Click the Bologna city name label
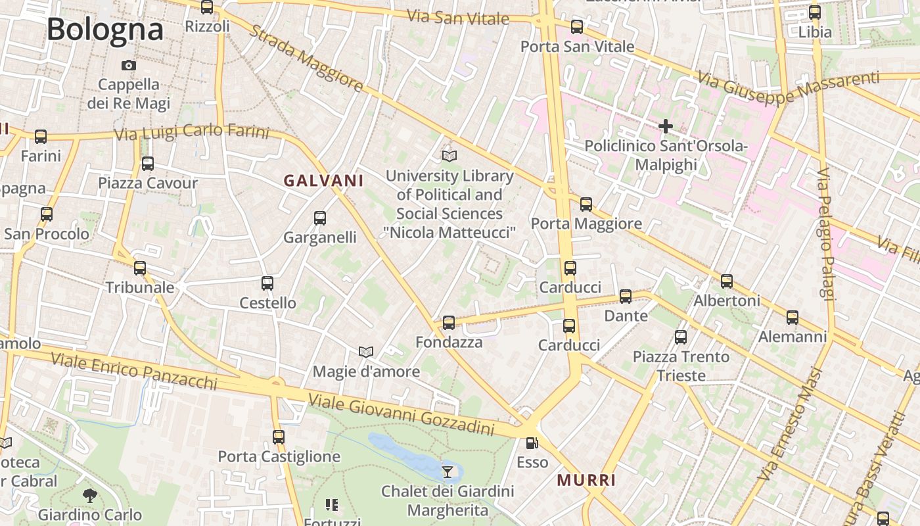pos(105,30)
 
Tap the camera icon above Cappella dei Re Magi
pos(129,65)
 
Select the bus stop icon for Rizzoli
pos(207,7)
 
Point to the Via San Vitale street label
pos(458,17)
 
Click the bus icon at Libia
pos(815,12)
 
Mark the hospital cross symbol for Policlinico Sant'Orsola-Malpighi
pos(666,126)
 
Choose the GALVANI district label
pos(323,180)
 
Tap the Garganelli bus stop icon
pos(320,218)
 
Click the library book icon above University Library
pos(449,156)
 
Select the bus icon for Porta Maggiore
pos(586,204)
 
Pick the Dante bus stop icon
pos(626,297)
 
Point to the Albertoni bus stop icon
pos(727,281)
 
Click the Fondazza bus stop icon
pos(449,323)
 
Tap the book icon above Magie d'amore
pos(366,352)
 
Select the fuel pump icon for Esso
pos(532,443)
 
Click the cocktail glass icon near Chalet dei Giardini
pos(448,471)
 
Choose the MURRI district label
pos(586,480)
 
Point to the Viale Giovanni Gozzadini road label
pos(401,414)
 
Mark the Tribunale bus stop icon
pos(140,268)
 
